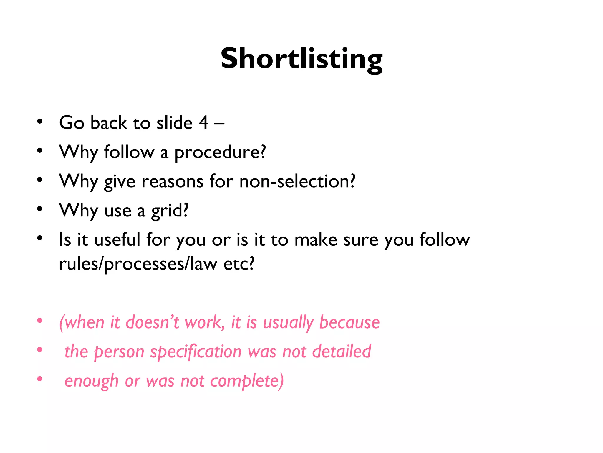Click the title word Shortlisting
tap(301, 59)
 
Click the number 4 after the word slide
tap(203, 122)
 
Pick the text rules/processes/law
tap(138, 264)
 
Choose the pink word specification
tap(196, 352)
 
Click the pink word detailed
tap(341, 351)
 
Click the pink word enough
tap(91, 381)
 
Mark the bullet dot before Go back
tap(40, 122)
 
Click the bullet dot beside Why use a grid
tap(40, 209)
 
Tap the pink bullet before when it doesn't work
tap(40, 321)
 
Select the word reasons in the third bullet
tap(172, 181)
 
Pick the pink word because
tap(349, 322)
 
